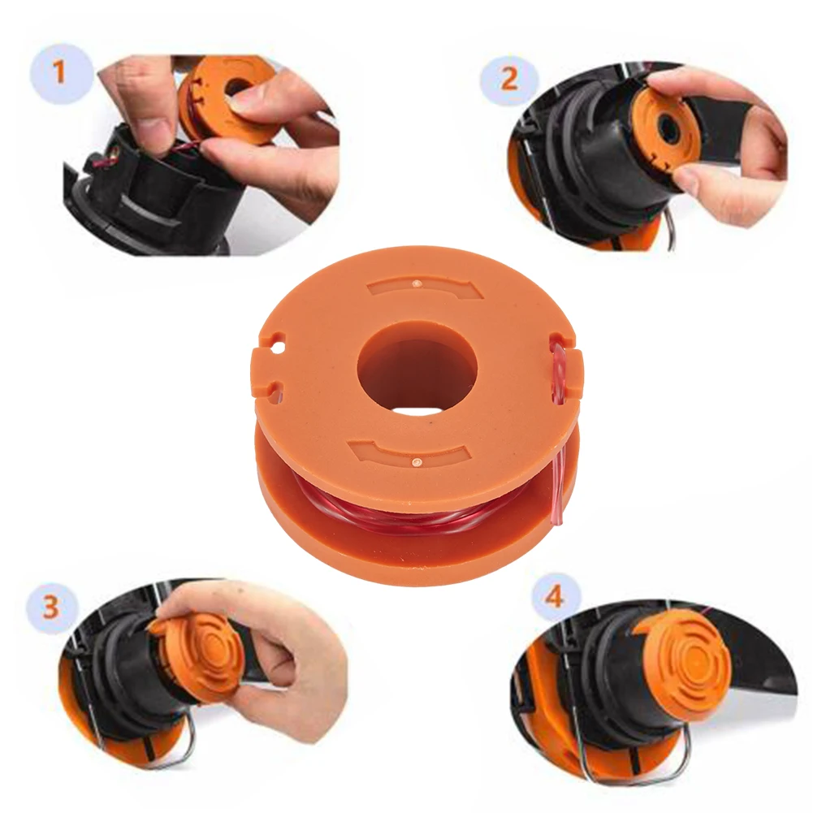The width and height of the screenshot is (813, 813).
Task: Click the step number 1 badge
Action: tap(58, 72)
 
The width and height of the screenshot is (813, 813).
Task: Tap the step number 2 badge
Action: tap(508, 79)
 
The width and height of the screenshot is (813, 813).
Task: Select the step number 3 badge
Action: tap(51, 606)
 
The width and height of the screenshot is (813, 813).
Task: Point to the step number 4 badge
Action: tap(554, 597)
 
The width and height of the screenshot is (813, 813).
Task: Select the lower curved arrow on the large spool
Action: tap(409, 452)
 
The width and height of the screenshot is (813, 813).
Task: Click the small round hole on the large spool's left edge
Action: tap(280, 345)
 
